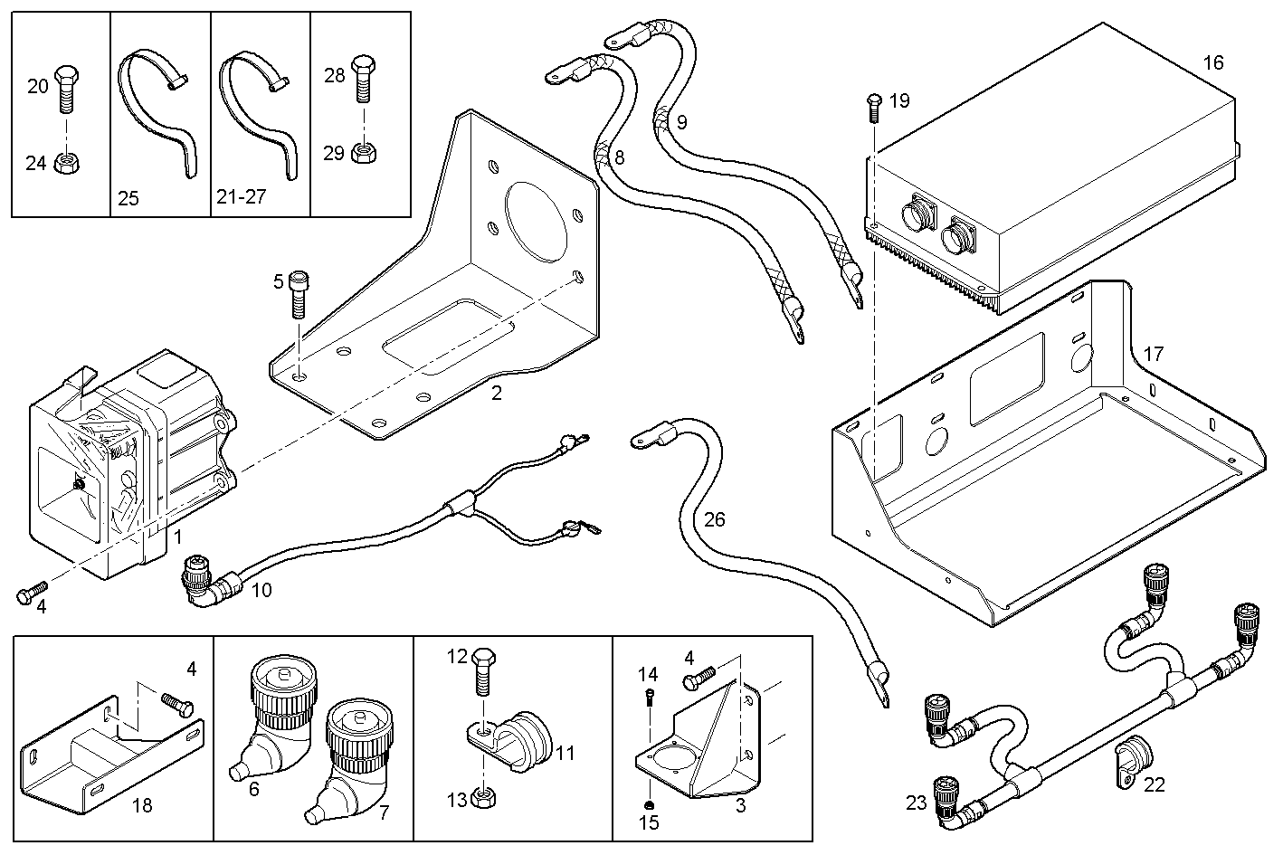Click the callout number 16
click(x=1212, y=62)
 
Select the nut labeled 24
click(x=64, y=163)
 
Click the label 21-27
click(x=242, y=196)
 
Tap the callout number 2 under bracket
click(x=496, y=393)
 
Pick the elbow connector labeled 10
click(x=206, y=584)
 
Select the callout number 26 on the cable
click(x=714, y=519)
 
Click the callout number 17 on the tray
click(x=1154, y=354)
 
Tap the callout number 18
click(x=141, y=805)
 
